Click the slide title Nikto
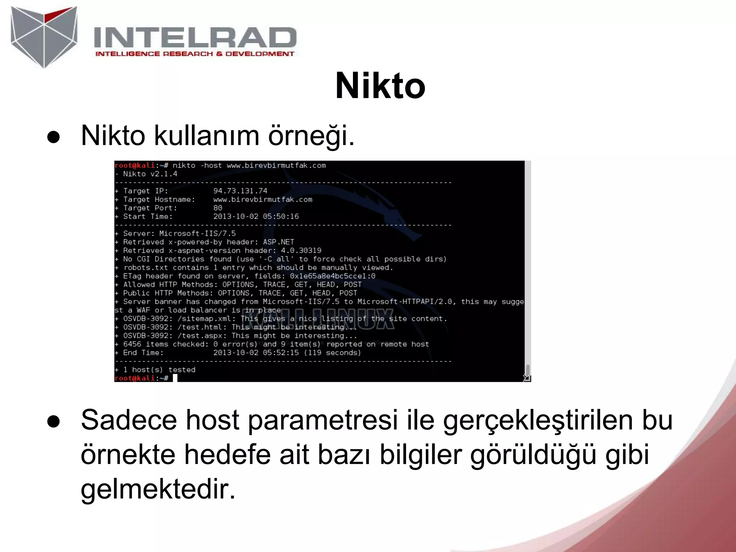380,86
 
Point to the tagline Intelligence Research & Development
194,54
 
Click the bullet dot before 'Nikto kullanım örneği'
54,137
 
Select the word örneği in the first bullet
311,136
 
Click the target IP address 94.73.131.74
240,191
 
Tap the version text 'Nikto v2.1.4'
150,174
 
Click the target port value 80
217,208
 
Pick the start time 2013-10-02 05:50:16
256,217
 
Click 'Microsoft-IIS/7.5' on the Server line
197,234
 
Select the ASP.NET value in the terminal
279,242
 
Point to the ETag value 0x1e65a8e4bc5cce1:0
332,276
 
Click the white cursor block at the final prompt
175,378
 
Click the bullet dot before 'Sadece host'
54,421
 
